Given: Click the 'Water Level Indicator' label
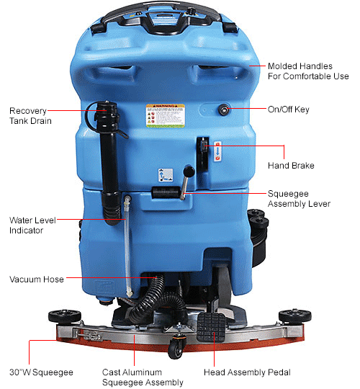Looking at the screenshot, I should pos(29,225).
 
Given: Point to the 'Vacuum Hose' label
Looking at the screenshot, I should pos(36,279).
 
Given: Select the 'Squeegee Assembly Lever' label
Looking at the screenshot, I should pos(298,199).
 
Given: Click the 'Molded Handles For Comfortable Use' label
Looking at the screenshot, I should pos(307,71).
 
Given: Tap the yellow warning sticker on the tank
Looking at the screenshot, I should pos(165,117).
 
